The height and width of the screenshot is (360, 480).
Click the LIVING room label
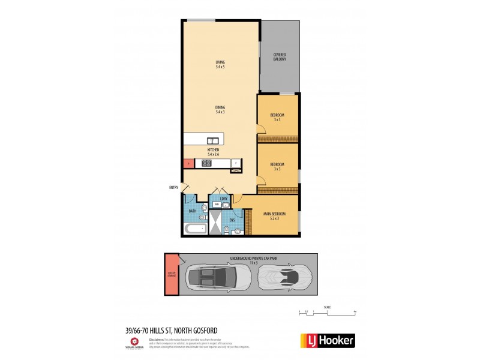220,64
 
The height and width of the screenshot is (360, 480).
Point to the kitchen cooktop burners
206,163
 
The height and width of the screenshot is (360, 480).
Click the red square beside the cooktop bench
188,163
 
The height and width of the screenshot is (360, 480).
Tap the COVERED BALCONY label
280,57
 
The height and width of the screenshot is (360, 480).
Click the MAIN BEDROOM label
274,216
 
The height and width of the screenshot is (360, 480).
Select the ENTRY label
174,188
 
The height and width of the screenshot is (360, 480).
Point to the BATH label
192,211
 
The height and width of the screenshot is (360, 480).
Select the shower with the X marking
214,224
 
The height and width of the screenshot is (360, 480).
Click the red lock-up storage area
172,275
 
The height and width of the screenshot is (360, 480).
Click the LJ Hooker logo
327,340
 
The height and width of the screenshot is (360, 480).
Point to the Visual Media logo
134,343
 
